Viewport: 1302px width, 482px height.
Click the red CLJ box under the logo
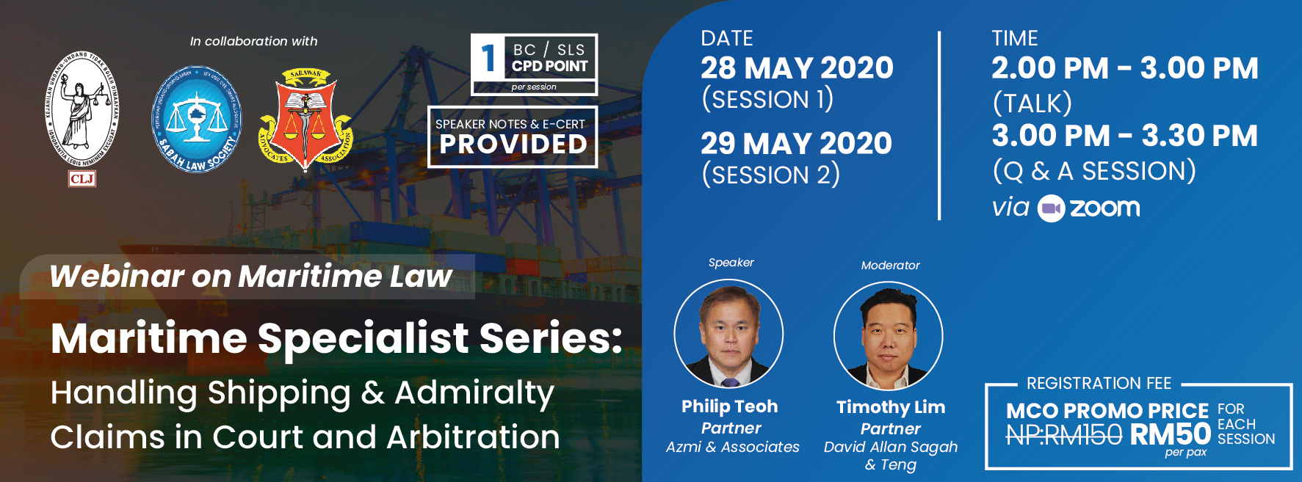(82, 178)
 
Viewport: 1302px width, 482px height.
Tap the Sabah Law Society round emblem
(196, 120)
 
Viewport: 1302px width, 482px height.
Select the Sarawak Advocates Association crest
(305, 119)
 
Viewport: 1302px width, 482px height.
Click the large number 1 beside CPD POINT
(488, 59)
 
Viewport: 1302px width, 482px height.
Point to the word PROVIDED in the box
(513, 145)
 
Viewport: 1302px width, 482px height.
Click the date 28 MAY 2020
(797, 68)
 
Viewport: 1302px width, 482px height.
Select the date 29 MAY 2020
(796, 143)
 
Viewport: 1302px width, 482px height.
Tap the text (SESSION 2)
(770, 175)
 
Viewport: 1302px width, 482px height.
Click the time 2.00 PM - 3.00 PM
(1124, 68)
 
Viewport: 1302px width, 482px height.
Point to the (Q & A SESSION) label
(1093, 171)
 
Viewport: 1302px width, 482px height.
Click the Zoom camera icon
(1051, 208)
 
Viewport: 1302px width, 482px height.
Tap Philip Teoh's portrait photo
(729, 335)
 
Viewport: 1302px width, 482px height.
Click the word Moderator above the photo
(890, 266)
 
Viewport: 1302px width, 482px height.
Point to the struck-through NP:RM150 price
(1063, 435)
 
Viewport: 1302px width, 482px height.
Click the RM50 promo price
(1170, 434)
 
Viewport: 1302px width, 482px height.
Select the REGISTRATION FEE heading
(1099, 383)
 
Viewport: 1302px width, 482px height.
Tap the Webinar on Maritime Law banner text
(250, 277)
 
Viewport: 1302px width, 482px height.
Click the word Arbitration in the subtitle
(473, 437)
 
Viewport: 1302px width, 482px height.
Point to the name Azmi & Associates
(732, 447)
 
